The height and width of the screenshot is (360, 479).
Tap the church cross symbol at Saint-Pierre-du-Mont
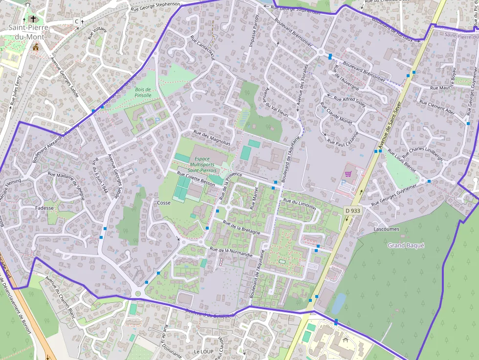tap(33, 20)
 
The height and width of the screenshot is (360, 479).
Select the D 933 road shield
tap(352, 211)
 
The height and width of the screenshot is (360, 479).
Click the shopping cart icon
tap(348, 173)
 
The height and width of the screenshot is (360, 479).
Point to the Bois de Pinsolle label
tap(143, 92)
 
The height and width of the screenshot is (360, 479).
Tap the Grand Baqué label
tap(406, 245)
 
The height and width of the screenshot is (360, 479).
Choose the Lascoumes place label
tap(386, 229)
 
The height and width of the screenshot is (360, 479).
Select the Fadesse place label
tap(44, 208)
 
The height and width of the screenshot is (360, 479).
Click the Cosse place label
tap(164, 203)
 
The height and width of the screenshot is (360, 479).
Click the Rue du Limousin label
tap(300, 205)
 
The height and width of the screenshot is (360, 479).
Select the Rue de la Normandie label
tap(231, 252)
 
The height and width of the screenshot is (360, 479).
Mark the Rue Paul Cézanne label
tap(343, 139)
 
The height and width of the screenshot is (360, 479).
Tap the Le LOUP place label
tap(203, 351)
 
